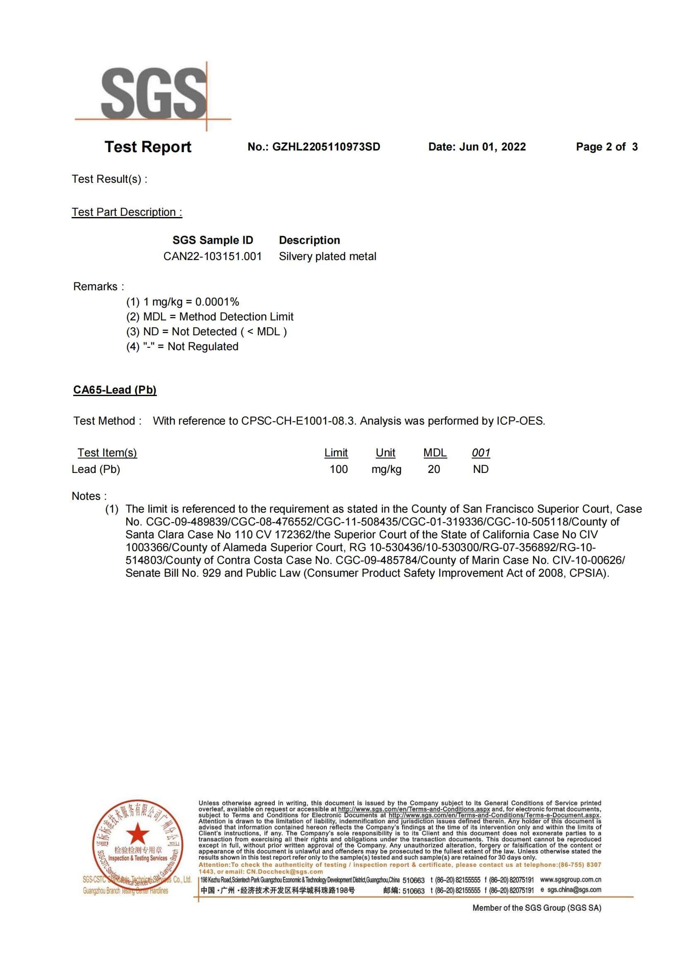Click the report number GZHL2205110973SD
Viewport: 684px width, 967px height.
[326, 147]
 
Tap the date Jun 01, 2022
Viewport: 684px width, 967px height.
[492, 147]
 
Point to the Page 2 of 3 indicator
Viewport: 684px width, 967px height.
[607, 147]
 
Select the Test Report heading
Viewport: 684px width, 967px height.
[147, 147]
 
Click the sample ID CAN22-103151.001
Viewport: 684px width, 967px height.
[212, 256]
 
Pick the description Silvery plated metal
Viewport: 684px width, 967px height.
[327, 256]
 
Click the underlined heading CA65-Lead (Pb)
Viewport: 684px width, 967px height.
[115, 389]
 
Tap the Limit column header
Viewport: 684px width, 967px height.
[336, 453]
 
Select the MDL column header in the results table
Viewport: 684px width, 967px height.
[434, 453]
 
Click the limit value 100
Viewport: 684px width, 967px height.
[338, 469]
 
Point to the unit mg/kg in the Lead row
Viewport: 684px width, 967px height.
[386, 469]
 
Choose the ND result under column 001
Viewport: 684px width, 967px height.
[480, 469]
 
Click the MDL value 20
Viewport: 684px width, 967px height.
[434, 469]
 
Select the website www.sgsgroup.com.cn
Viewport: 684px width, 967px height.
[570, 879]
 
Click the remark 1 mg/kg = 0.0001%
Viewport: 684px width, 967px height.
[191, 301]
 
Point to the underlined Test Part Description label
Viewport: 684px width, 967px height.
[127, 212]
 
